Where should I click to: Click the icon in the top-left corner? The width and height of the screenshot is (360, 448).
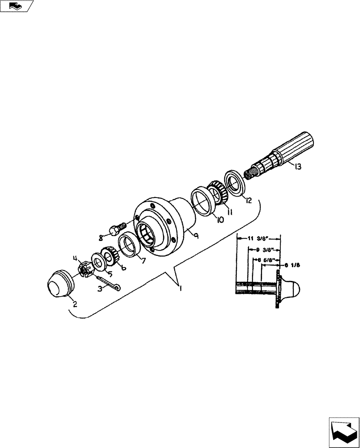[17, 6]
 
